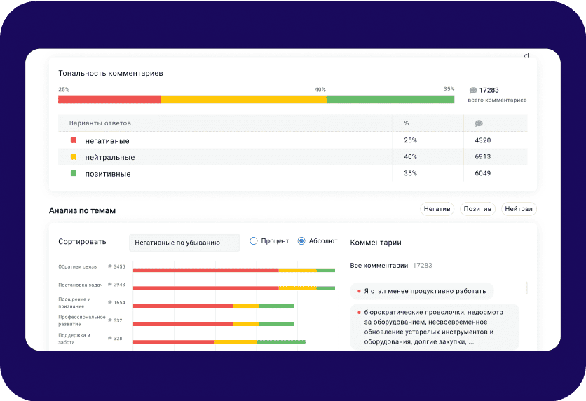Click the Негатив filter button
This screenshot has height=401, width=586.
(x=437, y=209)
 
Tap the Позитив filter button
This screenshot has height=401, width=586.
(x=478, y=209)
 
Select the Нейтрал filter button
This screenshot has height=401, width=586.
(x=519, y=209)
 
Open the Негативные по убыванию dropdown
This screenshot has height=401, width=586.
(x=184, y=243)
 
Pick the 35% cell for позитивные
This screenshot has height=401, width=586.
(x=411, y=173)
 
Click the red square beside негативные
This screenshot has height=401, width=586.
(x=74, y=140)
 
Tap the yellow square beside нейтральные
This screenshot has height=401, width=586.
(x=74, y=157)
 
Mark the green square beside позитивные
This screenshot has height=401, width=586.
(x=74, y=173)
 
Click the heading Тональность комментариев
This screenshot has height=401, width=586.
(x=111, y=73)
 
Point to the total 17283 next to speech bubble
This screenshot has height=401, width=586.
(x=489, y=90)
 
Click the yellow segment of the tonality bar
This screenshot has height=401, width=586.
(x=243, y=100)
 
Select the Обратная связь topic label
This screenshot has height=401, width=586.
(x=77, y=266)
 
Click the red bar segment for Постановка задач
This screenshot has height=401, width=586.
(x=205, y=288)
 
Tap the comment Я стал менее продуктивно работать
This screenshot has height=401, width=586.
(x=424, y=290)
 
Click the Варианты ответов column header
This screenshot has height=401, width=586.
(x=100, y=123)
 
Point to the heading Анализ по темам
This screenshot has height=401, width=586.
(x=82, y=210)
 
